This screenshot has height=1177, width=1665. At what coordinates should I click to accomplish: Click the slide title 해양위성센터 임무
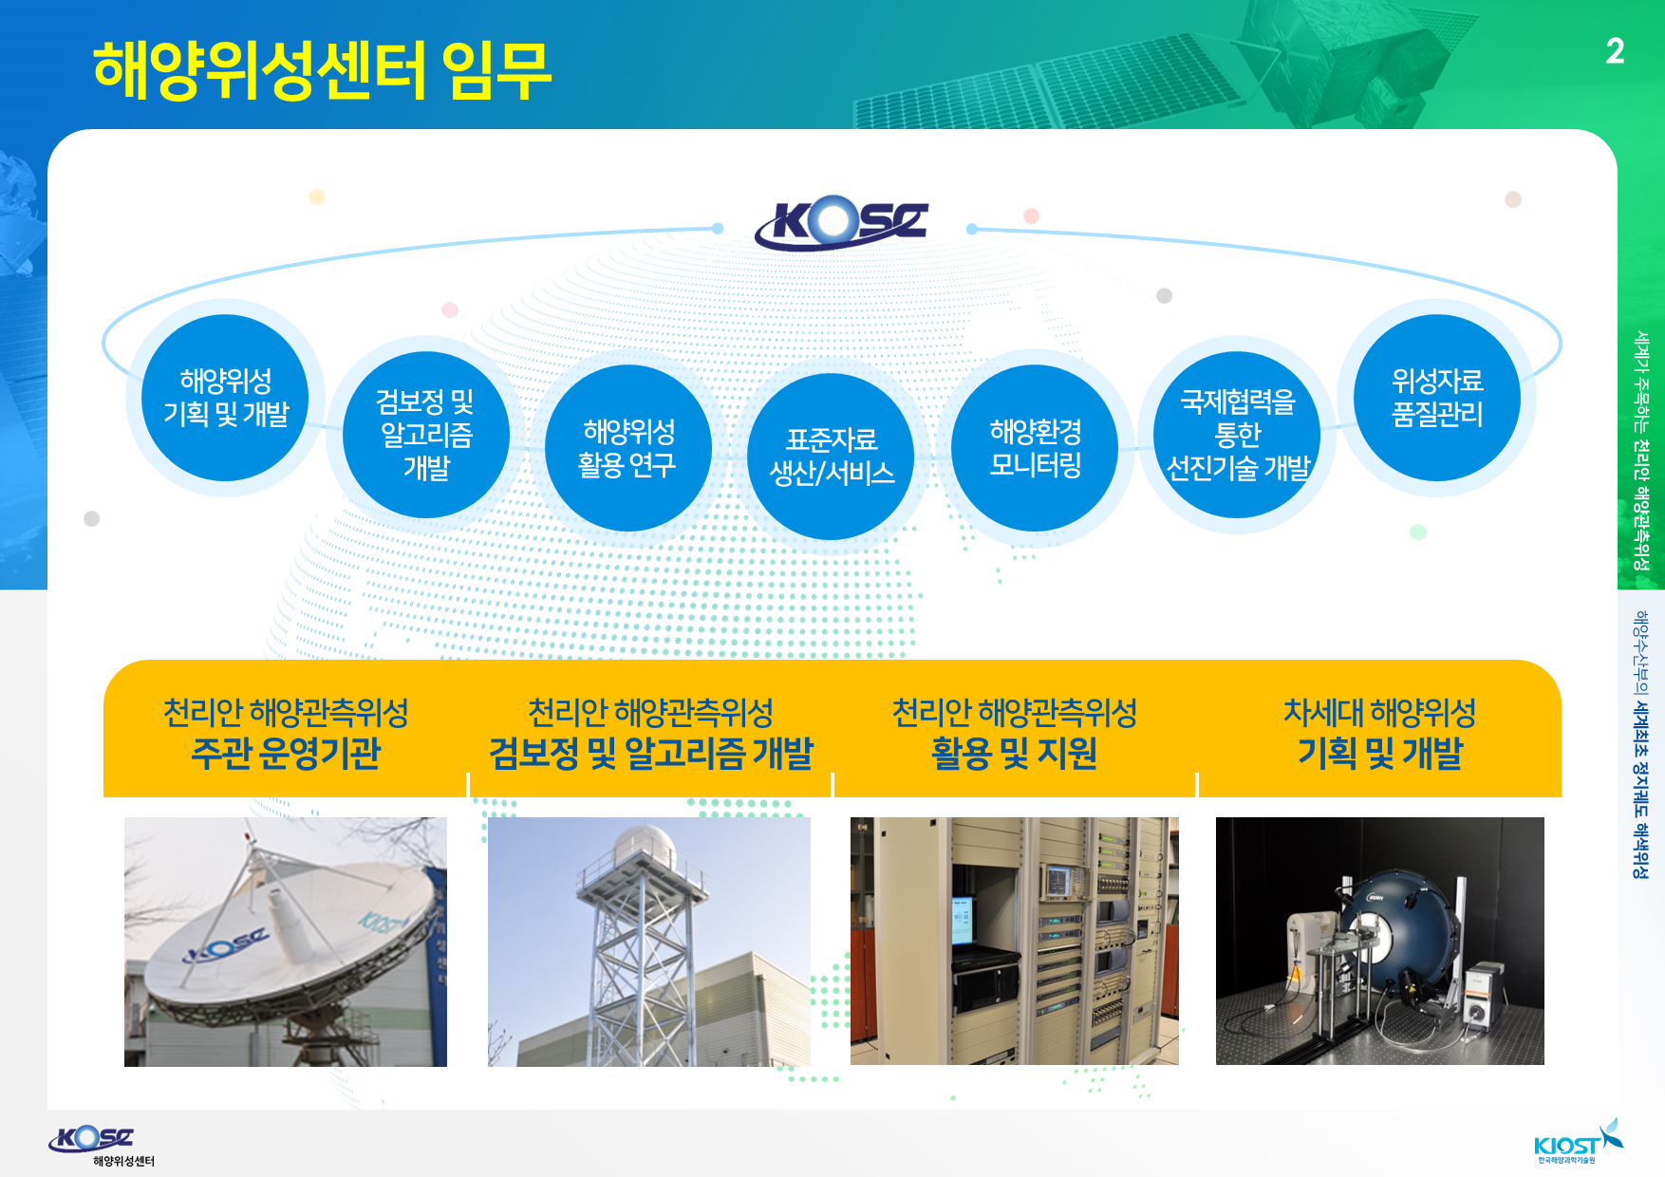point(322,71)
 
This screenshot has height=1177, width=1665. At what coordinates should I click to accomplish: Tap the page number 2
point(1615,51)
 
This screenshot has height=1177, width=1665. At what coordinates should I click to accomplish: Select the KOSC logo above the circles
point(841,222)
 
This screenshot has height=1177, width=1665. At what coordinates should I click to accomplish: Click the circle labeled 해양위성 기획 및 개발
point(225,398)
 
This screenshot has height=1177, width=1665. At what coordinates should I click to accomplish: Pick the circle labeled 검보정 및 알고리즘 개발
point(426,435)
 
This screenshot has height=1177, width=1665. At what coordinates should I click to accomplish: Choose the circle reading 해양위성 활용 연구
point(628,448)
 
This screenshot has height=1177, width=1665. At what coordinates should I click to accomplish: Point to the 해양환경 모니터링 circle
point(1035,448)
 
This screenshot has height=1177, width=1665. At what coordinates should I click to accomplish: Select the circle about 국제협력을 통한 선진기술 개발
point(1237,435)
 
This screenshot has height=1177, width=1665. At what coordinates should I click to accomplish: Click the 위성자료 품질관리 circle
point(1437,398)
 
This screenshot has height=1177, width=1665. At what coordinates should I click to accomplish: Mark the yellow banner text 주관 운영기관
point(286,754)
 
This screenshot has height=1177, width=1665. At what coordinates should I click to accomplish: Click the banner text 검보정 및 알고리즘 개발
point(651,754)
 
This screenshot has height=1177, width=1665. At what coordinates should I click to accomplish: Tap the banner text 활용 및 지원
point(1014,754)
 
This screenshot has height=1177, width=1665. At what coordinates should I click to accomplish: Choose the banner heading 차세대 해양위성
point(1379,712)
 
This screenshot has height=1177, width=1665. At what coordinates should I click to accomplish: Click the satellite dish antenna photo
point(286,942)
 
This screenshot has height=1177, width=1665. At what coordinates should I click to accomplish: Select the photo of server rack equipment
point(1014,941)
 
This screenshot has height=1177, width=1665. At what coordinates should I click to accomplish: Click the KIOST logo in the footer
point(1578,1142)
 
